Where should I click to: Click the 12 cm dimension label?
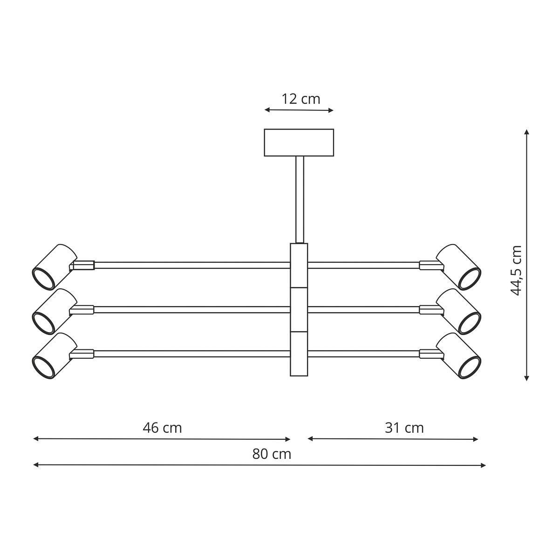[x=301, y=99]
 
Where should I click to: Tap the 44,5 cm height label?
[x=516, y=271]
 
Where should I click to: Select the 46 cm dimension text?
[x=162, y=428]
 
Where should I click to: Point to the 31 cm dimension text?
[x=404, y=428]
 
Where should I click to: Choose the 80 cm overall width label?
[x=272, y=454]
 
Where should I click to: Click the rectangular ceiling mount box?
[x=299, y=143]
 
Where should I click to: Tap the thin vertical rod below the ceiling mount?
[x=300, y=199]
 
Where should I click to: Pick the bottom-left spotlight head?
[x=54, y=355]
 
